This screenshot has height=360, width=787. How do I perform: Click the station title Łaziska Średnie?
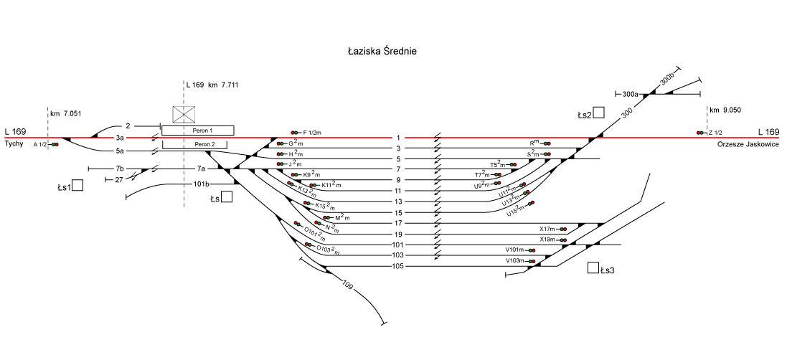(381, 52)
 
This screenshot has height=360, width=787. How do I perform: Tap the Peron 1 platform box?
(197, 130)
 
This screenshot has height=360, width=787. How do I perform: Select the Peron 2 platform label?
(197, 144)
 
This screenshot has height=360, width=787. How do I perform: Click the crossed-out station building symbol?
(184, 115)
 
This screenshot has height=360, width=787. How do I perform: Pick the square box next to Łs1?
(77, 186)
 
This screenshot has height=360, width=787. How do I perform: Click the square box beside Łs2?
(598, 112)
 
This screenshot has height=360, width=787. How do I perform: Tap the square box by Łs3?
(593, 268)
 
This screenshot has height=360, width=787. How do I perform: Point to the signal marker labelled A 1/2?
(55, 144)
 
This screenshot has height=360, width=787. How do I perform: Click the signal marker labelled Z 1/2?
(699, 133)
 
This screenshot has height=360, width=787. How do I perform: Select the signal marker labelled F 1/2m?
(295, 133)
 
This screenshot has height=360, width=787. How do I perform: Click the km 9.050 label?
(725, 110)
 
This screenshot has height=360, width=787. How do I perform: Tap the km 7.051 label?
(67, 113)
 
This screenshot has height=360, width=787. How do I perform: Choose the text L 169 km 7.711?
(212, 85)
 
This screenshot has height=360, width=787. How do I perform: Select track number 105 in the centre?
(398, 266)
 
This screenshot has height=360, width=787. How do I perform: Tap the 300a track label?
(631, 94)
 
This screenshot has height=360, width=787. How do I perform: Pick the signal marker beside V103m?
(532, 261)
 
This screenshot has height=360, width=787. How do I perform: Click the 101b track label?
(201, 184)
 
